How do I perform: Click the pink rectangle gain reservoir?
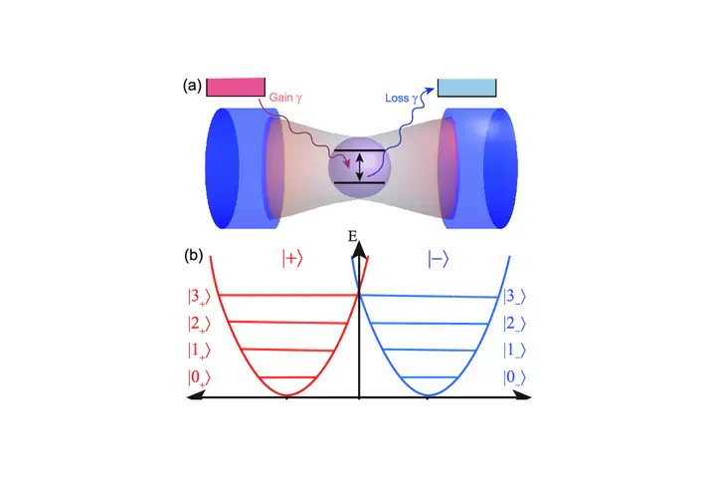point(236,87)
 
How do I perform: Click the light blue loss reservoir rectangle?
point(466,88)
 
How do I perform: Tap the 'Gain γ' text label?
point(285,98)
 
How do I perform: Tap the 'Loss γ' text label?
point(402,98)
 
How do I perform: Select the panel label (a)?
point(192,86)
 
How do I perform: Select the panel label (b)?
point(194,255)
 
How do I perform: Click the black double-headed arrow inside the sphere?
point(359,167)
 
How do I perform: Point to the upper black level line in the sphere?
point(360,150)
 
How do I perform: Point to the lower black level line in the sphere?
point(360,183)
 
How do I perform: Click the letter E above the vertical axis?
point(353,236)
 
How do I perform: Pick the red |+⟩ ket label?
point(292,259)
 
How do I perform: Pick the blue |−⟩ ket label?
point(439,259)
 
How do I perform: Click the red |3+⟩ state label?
point(199,297)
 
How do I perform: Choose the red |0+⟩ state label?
point(199,378)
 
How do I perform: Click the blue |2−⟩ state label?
point(515,324)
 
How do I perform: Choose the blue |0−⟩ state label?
point(515,377)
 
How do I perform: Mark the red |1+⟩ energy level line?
point(287,351)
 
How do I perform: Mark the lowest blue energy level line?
point(430,377)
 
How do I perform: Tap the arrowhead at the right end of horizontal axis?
point(523,396)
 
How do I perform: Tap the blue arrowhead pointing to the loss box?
point(429,91)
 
